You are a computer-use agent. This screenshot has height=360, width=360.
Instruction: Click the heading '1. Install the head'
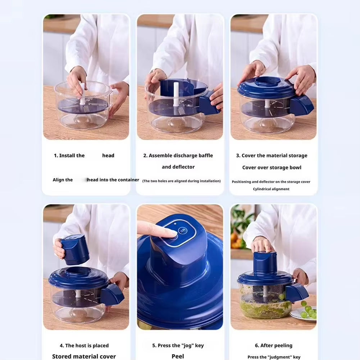pos(84,156)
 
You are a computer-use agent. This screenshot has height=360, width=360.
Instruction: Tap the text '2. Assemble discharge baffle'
pos(178,156)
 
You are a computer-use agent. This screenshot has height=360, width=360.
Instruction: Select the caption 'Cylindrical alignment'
pos(271,189)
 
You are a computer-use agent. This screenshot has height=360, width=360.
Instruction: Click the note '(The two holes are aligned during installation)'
pos(181,181)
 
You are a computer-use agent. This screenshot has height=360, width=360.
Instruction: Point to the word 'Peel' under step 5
pos(178,356)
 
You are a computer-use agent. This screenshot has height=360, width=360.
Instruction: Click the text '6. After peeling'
pos(274,346)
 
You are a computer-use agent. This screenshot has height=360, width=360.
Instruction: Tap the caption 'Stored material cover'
pos(84,356)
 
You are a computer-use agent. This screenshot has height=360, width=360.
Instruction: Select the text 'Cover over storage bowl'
pos(272,168)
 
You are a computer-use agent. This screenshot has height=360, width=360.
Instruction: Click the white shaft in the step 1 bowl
pos(82,94)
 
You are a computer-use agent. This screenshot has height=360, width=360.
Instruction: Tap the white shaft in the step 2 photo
pos(176,94)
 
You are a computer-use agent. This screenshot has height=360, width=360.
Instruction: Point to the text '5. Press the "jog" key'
pos(178,346)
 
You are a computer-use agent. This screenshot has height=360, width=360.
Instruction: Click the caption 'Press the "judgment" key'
pos(274,357)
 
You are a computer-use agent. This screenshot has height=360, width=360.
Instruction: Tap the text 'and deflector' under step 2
pos(178,167)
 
